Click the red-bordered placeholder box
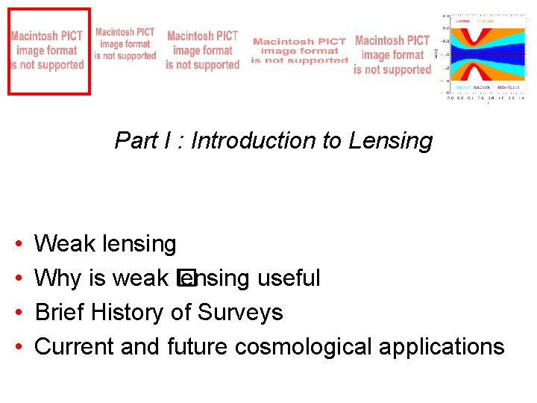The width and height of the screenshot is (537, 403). point(48,51)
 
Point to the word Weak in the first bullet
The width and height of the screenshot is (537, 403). point(62,243)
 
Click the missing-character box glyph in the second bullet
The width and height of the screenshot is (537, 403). point(185,278)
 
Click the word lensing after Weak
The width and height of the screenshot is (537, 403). point(137,243)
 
